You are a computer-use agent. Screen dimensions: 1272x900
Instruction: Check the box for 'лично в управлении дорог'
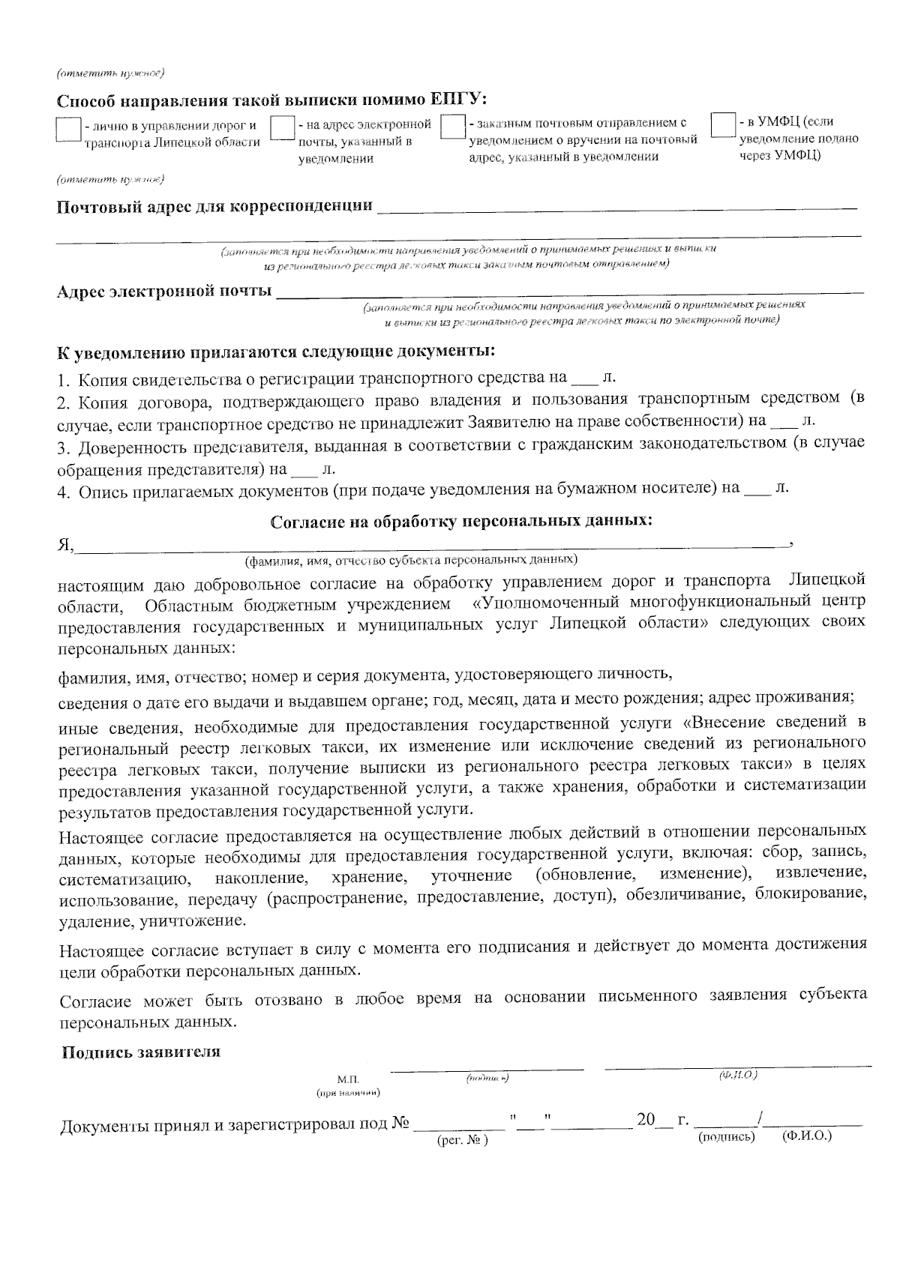tap(69, 129)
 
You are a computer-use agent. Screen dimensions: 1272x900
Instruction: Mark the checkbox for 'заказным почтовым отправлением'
tap(453, 126)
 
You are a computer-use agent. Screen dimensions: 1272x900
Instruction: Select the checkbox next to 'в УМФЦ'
tap(723, 124)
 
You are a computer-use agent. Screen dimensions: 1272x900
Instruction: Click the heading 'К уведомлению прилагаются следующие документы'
tap(276, 352)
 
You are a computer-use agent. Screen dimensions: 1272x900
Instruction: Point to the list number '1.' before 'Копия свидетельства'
tap(64, 379)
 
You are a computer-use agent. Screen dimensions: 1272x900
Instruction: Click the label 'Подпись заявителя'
tap(141, 1052)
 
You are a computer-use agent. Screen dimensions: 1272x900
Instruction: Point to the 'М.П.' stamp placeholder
tap(349, 1079)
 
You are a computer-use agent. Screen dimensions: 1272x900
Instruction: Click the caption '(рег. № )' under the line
tap(462, 1140)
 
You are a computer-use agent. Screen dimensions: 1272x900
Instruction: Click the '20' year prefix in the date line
tap(646, 1121)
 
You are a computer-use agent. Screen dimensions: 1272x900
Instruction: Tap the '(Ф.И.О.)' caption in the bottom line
tap(807, 1136)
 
